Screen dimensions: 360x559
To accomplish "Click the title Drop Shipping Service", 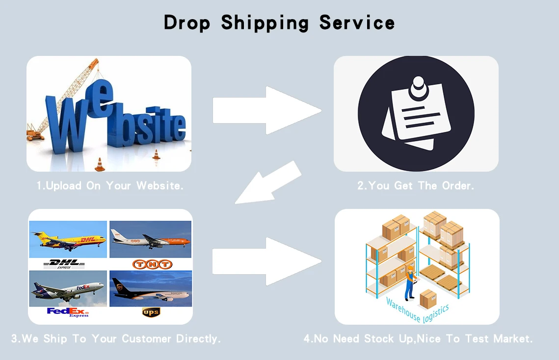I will click(279, 23).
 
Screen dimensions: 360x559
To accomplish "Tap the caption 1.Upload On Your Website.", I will click(110, 186).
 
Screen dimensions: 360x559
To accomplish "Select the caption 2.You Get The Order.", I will click(416, 186).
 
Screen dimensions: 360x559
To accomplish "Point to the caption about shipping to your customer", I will click(116, 339).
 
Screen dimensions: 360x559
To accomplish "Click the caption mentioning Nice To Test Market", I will click(418, 339).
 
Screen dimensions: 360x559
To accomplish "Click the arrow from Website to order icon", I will click(266, 110).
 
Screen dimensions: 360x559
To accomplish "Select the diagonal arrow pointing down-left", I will click(269, 183).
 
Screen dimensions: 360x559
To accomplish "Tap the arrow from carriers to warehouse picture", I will click(266, 261).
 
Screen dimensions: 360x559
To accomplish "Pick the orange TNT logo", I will click(152, 264).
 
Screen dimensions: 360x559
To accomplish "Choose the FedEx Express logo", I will click(68, 312).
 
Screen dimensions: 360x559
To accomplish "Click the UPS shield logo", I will click(151, 312).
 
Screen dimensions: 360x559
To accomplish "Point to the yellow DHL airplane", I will click(69, 240).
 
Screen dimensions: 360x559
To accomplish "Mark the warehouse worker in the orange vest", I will click(409, 284).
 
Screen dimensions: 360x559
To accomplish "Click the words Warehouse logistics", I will click(417, 307).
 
